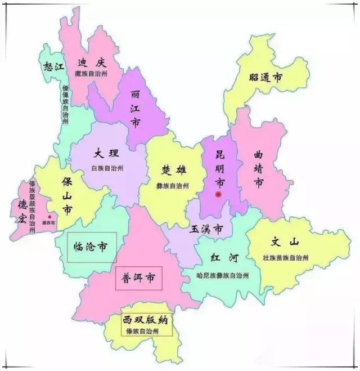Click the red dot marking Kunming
point(218,195)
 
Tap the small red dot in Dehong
point(49,216)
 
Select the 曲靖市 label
point(259,168)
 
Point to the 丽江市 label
point(135,109)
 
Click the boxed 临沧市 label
point(91,247)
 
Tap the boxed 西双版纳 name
point(147,321)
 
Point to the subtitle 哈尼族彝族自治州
point(223,276)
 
